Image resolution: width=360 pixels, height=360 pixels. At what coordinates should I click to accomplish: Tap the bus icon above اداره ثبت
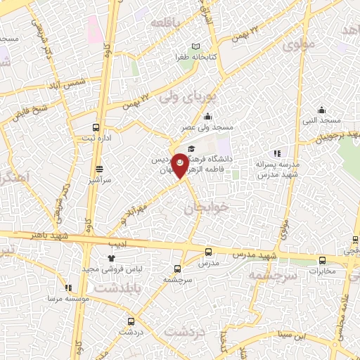pyautogui.click(x=96, y=128)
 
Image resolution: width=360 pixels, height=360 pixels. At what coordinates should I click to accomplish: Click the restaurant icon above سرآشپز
pyautogui.click(x=99, y=169)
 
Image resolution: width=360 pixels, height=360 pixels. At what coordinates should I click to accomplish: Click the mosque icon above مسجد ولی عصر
pyautogui.click(x=207, y=117)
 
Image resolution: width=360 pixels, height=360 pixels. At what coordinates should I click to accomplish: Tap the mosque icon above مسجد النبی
pyautogui.click(x=321, y=109)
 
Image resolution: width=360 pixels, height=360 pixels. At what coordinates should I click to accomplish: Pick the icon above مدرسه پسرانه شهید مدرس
pyautogui.click(x=278, y=153)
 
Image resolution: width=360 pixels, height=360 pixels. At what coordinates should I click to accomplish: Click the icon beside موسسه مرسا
pyautogui.click(x=68, y=287)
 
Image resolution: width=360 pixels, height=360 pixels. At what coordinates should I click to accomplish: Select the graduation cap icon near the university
pyautogui.click(x=191, y=138)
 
